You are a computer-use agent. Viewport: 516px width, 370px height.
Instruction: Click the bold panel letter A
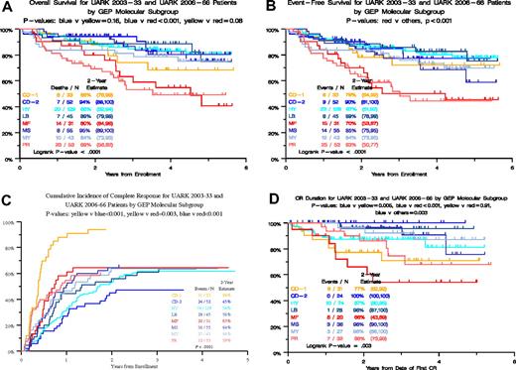tap(7, 7)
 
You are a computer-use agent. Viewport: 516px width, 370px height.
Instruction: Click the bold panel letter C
tap(7, 195)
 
